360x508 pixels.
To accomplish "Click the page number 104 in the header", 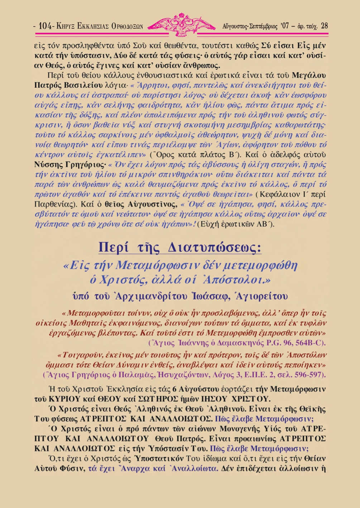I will (45, 26).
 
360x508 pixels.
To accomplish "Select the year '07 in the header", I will (285, 26).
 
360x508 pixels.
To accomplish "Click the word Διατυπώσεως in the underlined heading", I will (214, 248).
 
